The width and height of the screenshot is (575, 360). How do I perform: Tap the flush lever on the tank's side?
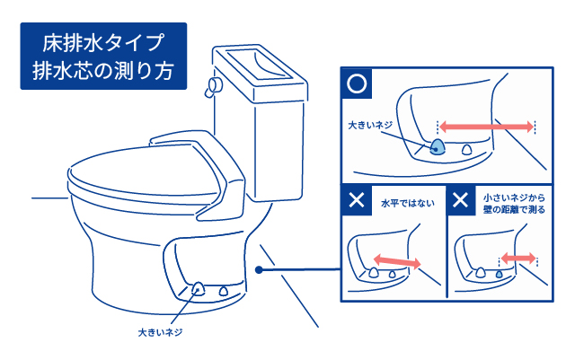[212, 86]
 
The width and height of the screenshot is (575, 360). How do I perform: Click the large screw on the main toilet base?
[198, 289]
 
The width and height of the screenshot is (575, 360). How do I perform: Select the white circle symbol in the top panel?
[357, 83]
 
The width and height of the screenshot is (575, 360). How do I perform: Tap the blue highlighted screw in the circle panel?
[436, 147]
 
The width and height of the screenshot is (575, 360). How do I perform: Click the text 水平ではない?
[407, 202]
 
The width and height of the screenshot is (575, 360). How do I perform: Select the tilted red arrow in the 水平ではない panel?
[396, 260]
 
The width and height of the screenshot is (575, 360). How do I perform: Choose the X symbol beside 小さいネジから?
[461, 200]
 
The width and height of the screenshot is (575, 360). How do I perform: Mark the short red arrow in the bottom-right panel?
[518, 258]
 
